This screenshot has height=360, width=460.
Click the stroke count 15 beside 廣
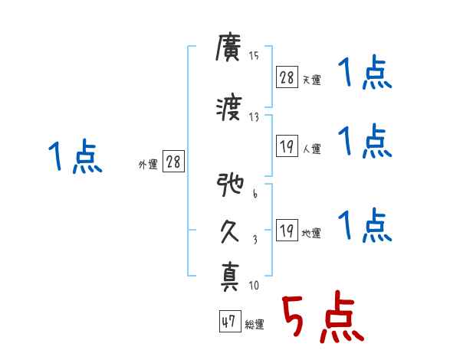(254, 55)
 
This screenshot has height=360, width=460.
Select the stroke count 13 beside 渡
(254, 116)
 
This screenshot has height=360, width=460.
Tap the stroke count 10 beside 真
(254, 286)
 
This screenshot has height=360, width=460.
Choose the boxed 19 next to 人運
(287, 146)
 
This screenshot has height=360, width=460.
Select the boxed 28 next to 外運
(173, 162)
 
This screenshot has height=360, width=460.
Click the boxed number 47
(228, 322)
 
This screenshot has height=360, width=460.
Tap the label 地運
(311, 234)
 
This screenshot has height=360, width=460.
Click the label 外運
(147, 165)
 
